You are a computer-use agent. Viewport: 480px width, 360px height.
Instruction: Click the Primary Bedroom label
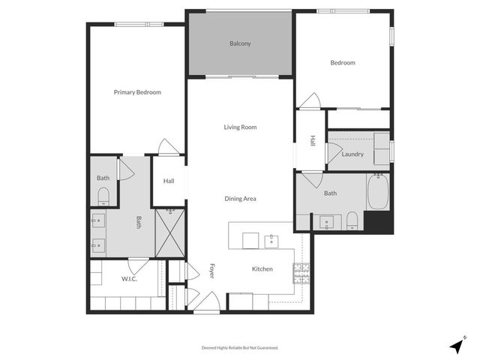(x=137, y=92)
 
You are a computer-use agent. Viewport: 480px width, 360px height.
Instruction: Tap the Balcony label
(x=240, y=43)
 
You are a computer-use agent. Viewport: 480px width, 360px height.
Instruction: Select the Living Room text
(x=240, y=127)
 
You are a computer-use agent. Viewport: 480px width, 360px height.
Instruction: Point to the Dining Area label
(x=240, y=199)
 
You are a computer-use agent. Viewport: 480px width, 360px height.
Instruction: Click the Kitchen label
(x=262, y=269)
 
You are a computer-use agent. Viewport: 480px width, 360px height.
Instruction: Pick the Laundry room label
(x=352, y=154)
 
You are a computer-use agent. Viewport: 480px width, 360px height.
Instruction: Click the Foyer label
(x=212, y=271)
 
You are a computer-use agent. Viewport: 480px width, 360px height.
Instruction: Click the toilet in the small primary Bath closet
(x=103, y=197)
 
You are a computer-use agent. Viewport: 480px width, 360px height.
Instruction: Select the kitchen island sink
(x=271, y=241)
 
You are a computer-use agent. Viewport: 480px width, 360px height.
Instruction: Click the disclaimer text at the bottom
(x=240, y=348)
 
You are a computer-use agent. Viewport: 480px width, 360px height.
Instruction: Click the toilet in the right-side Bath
(x=352, y=220)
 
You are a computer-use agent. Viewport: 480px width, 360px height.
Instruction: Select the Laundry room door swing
(x=332, y=152)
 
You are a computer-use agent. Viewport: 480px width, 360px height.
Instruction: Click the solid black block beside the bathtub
(x=378, y=223)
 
